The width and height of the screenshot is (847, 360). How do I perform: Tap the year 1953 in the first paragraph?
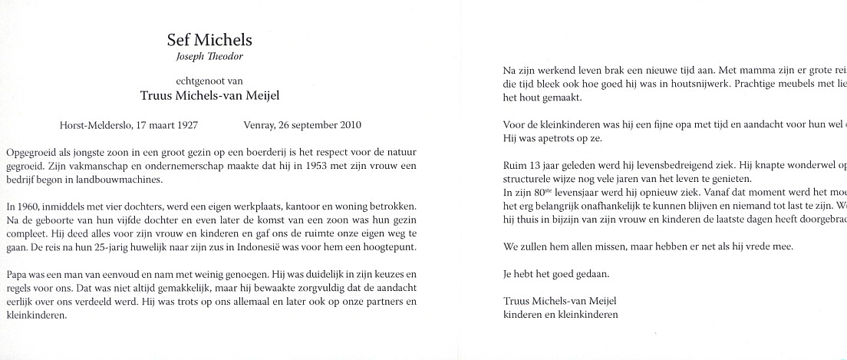[x=321, y=167]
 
